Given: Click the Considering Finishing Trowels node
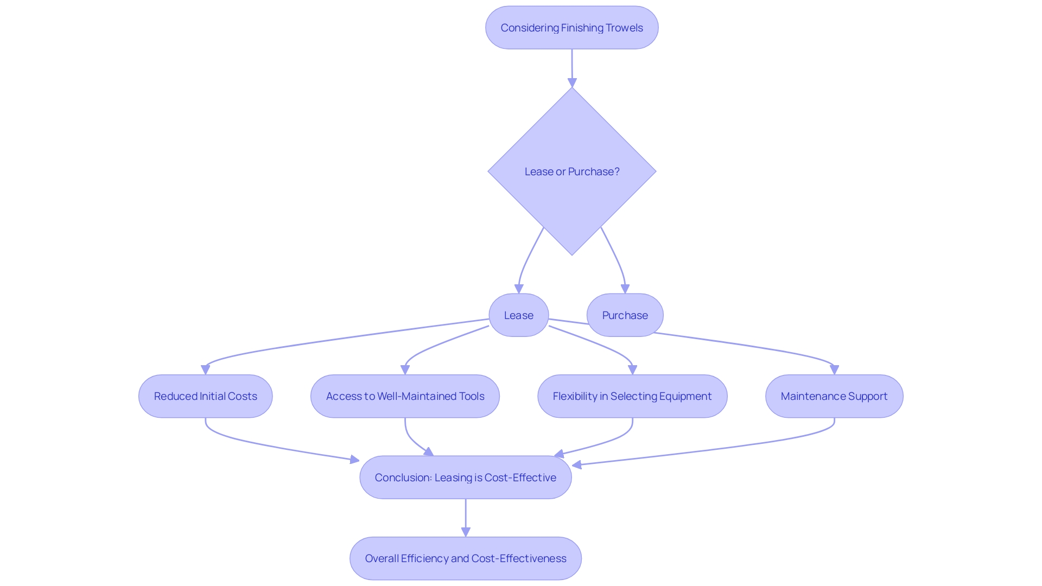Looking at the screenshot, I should click(571, 28).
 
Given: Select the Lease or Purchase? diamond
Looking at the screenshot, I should click(571, 171).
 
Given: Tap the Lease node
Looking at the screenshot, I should click(518, 315).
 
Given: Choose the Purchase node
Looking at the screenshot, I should click(625, 315).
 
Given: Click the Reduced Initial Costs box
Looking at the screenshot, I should click(205, 396).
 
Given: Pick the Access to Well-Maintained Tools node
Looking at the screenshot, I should click(405, 396).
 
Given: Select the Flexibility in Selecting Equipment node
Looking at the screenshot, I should click(632, 396).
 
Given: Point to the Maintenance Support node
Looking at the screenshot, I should click(834, 396).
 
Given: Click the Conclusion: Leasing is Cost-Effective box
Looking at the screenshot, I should click(465, 477).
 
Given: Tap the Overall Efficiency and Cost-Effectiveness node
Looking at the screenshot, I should click(465, 558).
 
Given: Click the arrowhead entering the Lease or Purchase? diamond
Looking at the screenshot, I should click(572, 82).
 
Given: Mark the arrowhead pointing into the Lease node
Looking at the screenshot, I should click(519, 289).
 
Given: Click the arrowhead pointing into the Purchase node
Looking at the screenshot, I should click(625, 289).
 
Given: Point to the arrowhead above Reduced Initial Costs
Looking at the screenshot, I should click(205, 370).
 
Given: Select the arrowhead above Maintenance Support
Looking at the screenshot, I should click(834, 370).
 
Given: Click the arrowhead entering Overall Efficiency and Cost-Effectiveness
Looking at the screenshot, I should click(466, 532).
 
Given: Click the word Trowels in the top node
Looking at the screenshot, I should click(624, 28).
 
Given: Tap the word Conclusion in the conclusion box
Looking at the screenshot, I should click(403, 477).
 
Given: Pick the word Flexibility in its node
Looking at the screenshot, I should click(574, 396).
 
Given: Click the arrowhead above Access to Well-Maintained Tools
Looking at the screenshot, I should click(405, 370).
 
